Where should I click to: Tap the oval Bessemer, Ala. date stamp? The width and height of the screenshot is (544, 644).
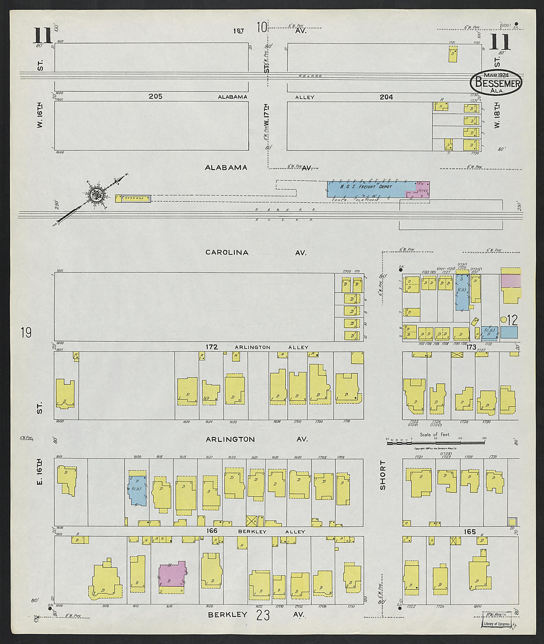click(x=496, y=83)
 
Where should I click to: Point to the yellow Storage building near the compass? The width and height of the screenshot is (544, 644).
click(x=134, y=198)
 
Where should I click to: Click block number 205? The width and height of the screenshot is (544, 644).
click(x=155, y=97)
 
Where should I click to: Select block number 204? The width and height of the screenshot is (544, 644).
click(x=386, y=97)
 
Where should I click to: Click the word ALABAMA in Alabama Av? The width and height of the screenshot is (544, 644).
click(x=226, y=168)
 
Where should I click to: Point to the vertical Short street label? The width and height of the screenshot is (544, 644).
click(x=382, y=475)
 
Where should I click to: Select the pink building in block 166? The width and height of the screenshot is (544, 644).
click(x=172, y=574)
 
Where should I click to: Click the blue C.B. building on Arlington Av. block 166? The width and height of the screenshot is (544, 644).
click(x=137, y=490)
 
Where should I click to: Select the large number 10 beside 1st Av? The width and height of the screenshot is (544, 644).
click(x=262, y=27)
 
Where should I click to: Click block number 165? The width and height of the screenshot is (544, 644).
click(x=469, y=532)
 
